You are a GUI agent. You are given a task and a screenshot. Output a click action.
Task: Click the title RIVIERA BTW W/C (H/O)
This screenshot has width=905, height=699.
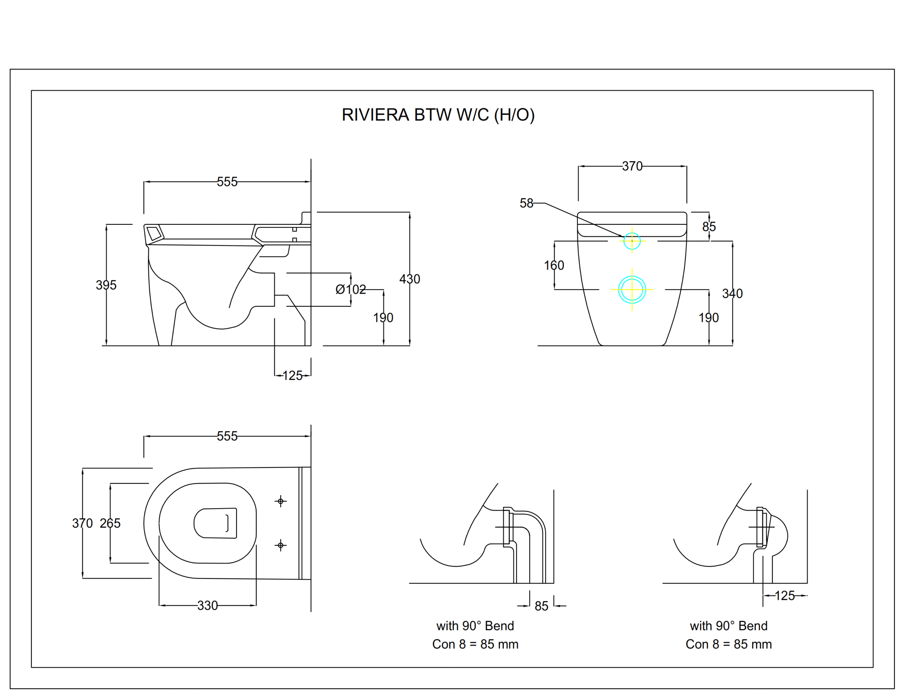438,115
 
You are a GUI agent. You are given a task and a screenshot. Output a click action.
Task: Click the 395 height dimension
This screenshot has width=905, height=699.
106,285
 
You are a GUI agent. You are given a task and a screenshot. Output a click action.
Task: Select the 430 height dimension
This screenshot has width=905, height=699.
410,279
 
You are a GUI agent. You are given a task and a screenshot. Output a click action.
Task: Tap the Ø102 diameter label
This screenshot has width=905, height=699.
351,289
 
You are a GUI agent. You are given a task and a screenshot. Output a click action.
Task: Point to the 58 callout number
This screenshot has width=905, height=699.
527,203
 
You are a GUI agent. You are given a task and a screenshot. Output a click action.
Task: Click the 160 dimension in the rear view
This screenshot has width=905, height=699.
554,265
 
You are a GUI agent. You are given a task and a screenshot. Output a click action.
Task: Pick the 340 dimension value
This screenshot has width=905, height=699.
732,293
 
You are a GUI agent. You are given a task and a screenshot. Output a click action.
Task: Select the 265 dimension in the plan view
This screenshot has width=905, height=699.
110,523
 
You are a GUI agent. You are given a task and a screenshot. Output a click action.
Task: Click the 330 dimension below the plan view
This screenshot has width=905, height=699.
208,605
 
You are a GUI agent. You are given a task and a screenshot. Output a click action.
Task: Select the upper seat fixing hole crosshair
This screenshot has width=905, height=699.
281,501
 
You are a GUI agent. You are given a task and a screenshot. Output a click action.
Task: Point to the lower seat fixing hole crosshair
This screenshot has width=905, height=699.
281,545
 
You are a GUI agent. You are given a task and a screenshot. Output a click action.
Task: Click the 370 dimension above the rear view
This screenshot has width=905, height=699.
632,166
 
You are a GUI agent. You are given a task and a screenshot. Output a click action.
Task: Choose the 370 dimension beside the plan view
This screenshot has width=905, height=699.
82,523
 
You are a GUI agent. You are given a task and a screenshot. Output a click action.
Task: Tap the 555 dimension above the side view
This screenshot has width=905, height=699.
227,182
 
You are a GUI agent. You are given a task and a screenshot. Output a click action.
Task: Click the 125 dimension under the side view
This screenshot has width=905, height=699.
293,375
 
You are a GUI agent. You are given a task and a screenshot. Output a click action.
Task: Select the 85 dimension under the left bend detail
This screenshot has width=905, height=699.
542,606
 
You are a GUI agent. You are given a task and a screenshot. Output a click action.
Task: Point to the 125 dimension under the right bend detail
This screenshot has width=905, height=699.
785,595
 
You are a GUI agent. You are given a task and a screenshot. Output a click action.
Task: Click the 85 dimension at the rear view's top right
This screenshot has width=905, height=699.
709,227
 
